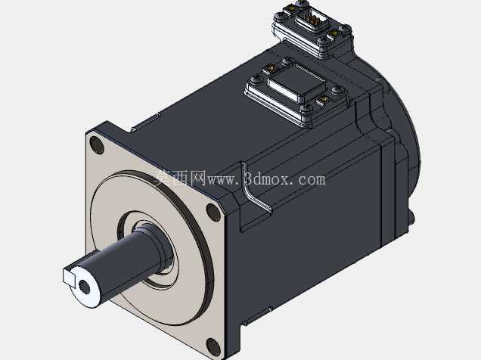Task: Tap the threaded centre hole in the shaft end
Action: coord(84,287)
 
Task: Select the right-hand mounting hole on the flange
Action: coord(213,211)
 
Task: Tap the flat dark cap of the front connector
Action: coord(296,82)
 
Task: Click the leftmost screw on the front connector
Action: coord(254,81)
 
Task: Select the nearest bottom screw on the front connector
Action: coord(306,108)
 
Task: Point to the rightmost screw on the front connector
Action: coord(337,90)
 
